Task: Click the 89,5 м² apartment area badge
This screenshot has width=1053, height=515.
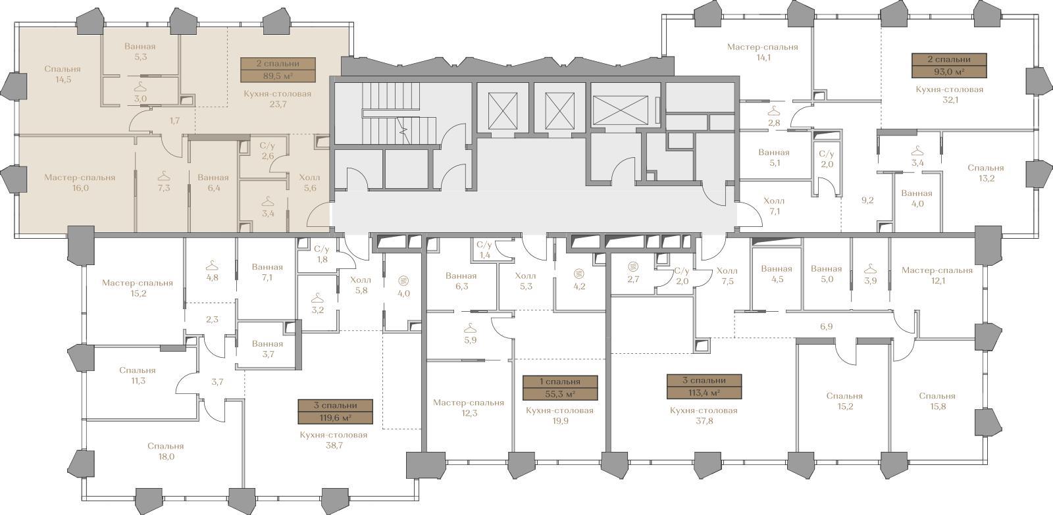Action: [278, 70]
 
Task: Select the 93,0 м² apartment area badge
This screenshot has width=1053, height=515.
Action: [949, 66]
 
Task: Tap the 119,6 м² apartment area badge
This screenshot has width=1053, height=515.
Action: [335, 412]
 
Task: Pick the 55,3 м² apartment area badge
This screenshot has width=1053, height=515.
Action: [560, 387]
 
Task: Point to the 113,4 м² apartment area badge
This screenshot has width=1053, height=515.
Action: [704, 387]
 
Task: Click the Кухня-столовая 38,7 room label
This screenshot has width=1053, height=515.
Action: [334, 440]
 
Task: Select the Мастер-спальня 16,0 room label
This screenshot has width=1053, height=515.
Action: [80, 183]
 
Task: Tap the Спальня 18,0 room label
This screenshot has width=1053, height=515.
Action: [166, 451]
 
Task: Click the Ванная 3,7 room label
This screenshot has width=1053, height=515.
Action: [267, 349]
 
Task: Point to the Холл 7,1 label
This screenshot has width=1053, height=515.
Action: [774, 206]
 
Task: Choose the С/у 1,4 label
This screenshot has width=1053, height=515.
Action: [484, 250]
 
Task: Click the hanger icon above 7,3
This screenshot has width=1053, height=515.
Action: [163, 176]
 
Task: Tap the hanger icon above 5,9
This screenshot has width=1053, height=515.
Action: [470, 328]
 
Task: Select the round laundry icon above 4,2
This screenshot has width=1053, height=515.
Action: [579, 274]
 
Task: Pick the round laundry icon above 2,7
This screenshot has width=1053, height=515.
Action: [633, 266]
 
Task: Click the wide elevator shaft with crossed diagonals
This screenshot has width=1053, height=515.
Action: [621, 110]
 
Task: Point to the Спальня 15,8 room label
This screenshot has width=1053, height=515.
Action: [937, 401]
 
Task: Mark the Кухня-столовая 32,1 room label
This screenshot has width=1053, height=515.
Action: [950, 95]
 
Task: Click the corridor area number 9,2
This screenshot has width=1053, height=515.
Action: [867, 200]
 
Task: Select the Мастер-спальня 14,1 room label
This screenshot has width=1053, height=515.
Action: [763, 52]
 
